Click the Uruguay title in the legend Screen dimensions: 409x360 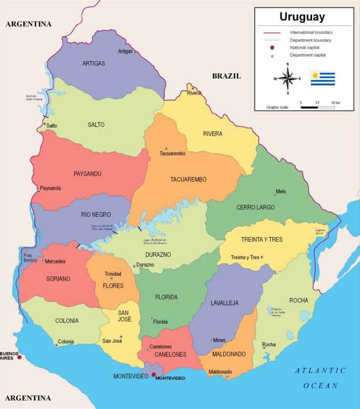[302, 17]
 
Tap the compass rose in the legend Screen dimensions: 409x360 [287, 79]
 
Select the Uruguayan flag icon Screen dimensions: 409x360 [322, 79]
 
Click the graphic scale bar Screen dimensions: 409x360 [318, 107]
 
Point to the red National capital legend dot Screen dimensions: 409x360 [272, 48]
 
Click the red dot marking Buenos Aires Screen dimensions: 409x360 [20, 357]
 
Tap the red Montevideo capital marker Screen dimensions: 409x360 [153, 374]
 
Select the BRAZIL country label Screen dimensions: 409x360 [226, 76]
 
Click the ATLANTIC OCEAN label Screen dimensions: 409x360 [320, 377]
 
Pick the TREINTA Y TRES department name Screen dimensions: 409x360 [261, 239]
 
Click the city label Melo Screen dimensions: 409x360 [281, 192]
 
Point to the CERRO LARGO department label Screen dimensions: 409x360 [255, 207]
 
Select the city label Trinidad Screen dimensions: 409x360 [113, 274]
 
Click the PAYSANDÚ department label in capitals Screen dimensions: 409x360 [87, 174]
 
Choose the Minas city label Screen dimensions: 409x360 [219, 340]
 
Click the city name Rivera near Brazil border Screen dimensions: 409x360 [194, 93]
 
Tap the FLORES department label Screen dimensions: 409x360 [113, 286]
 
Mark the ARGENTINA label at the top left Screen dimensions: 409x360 [28, 24]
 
